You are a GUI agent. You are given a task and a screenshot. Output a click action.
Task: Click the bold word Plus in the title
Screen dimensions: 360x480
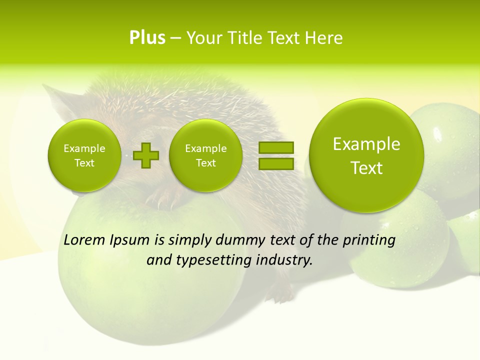tap(147, 38)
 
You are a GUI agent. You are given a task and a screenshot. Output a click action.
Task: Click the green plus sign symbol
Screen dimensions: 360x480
tap(146, 155)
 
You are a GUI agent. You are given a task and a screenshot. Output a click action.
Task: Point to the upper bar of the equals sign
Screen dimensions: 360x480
tap(276, 147)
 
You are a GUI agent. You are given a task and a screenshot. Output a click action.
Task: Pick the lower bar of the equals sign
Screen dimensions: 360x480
tap(276, 163)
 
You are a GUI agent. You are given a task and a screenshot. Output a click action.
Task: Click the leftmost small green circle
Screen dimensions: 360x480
tap(84, 155)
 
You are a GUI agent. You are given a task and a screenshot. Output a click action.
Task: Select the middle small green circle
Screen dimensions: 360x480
tap(205, 155)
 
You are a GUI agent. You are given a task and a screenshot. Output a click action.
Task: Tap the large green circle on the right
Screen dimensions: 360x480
tap(366, 155)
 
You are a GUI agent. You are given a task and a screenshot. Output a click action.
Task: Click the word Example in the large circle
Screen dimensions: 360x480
tap(366, 144)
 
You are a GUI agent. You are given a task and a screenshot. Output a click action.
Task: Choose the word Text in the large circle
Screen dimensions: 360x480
tap(366, 168)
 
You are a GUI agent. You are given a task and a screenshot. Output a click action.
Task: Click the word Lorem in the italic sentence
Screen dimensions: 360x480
tap(84, 240)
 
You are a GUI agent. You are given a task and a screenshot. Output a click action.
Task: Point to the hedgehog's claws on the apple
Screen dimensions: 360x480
tap(165, 200)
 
